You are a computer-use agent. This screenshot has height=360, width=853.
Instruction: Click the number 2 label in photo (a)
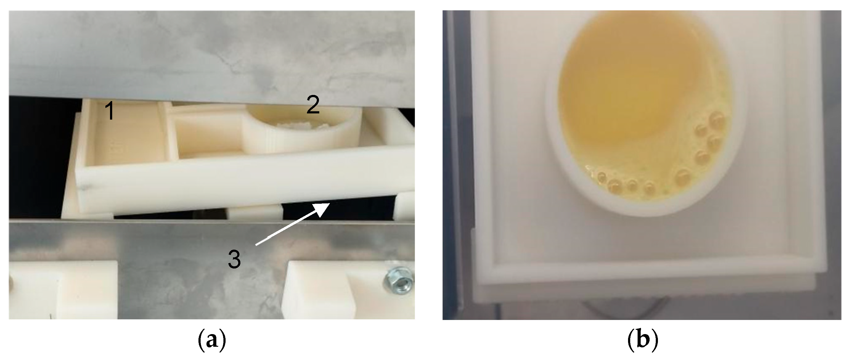tap(313, 105)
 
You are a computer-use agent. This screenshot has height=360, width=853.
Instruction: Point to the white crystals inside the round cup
tap(295, 126)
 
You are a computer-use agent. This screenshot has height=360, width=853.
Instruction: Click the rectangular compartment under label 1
tap(126, 136)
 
